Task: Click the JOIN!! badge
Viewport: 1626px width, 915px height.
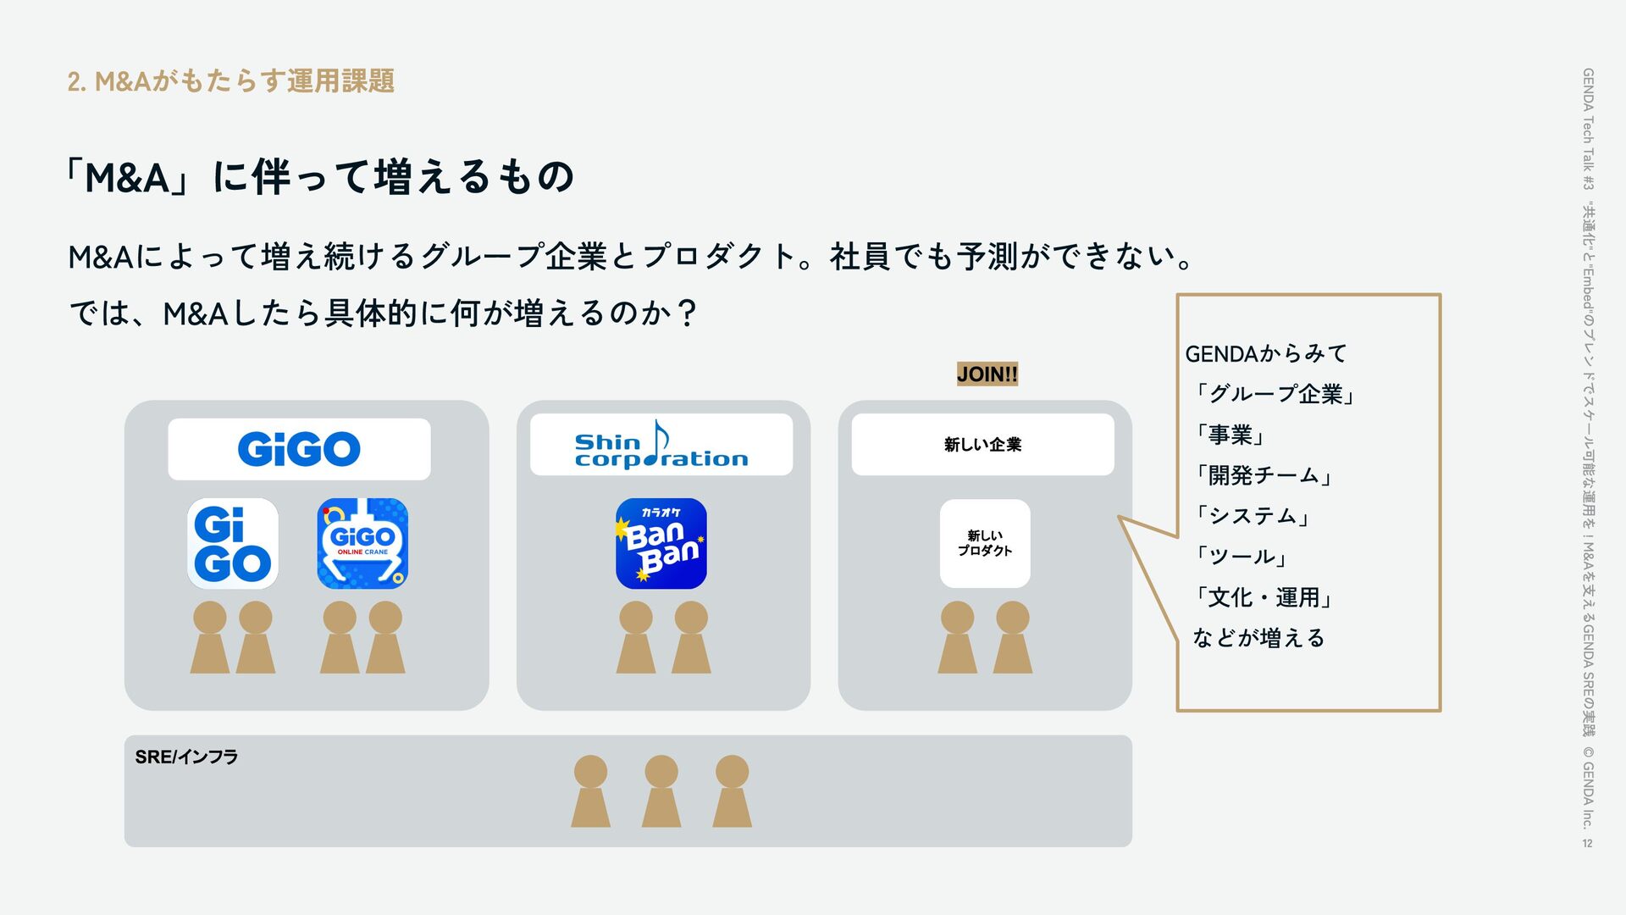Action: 987,374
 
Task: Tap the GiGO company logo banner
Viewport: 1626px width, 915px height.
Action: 299,449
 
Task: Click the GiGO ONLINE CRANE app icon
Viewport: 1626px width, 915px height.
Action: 362,544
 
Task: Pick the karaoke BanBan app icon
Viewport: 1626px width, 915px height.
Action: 661,544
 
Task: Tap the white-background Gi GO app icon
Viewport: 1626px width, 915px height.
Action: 233,544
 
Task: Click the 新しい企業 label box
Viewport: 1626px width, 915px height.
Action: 982,445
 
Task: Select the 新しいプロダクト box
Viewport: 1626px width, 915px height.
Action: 985,543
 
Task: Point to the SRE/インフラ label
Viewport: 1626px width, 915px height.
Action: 186,757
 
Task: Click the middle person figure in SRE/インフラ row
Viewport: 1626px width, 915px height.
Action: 661,791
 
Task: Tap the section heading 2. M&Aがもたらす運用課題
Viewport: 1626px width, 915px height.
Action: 230,81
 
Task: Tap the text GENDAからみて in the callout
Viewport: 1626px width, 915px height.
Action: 1265,353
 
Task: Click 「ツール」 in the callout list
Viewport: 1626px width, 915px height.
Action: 1242,557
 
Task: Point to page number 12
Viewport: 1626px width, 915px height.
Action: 1587,843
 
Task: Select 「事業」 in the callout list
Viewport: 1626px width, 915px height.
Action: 1231,435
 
